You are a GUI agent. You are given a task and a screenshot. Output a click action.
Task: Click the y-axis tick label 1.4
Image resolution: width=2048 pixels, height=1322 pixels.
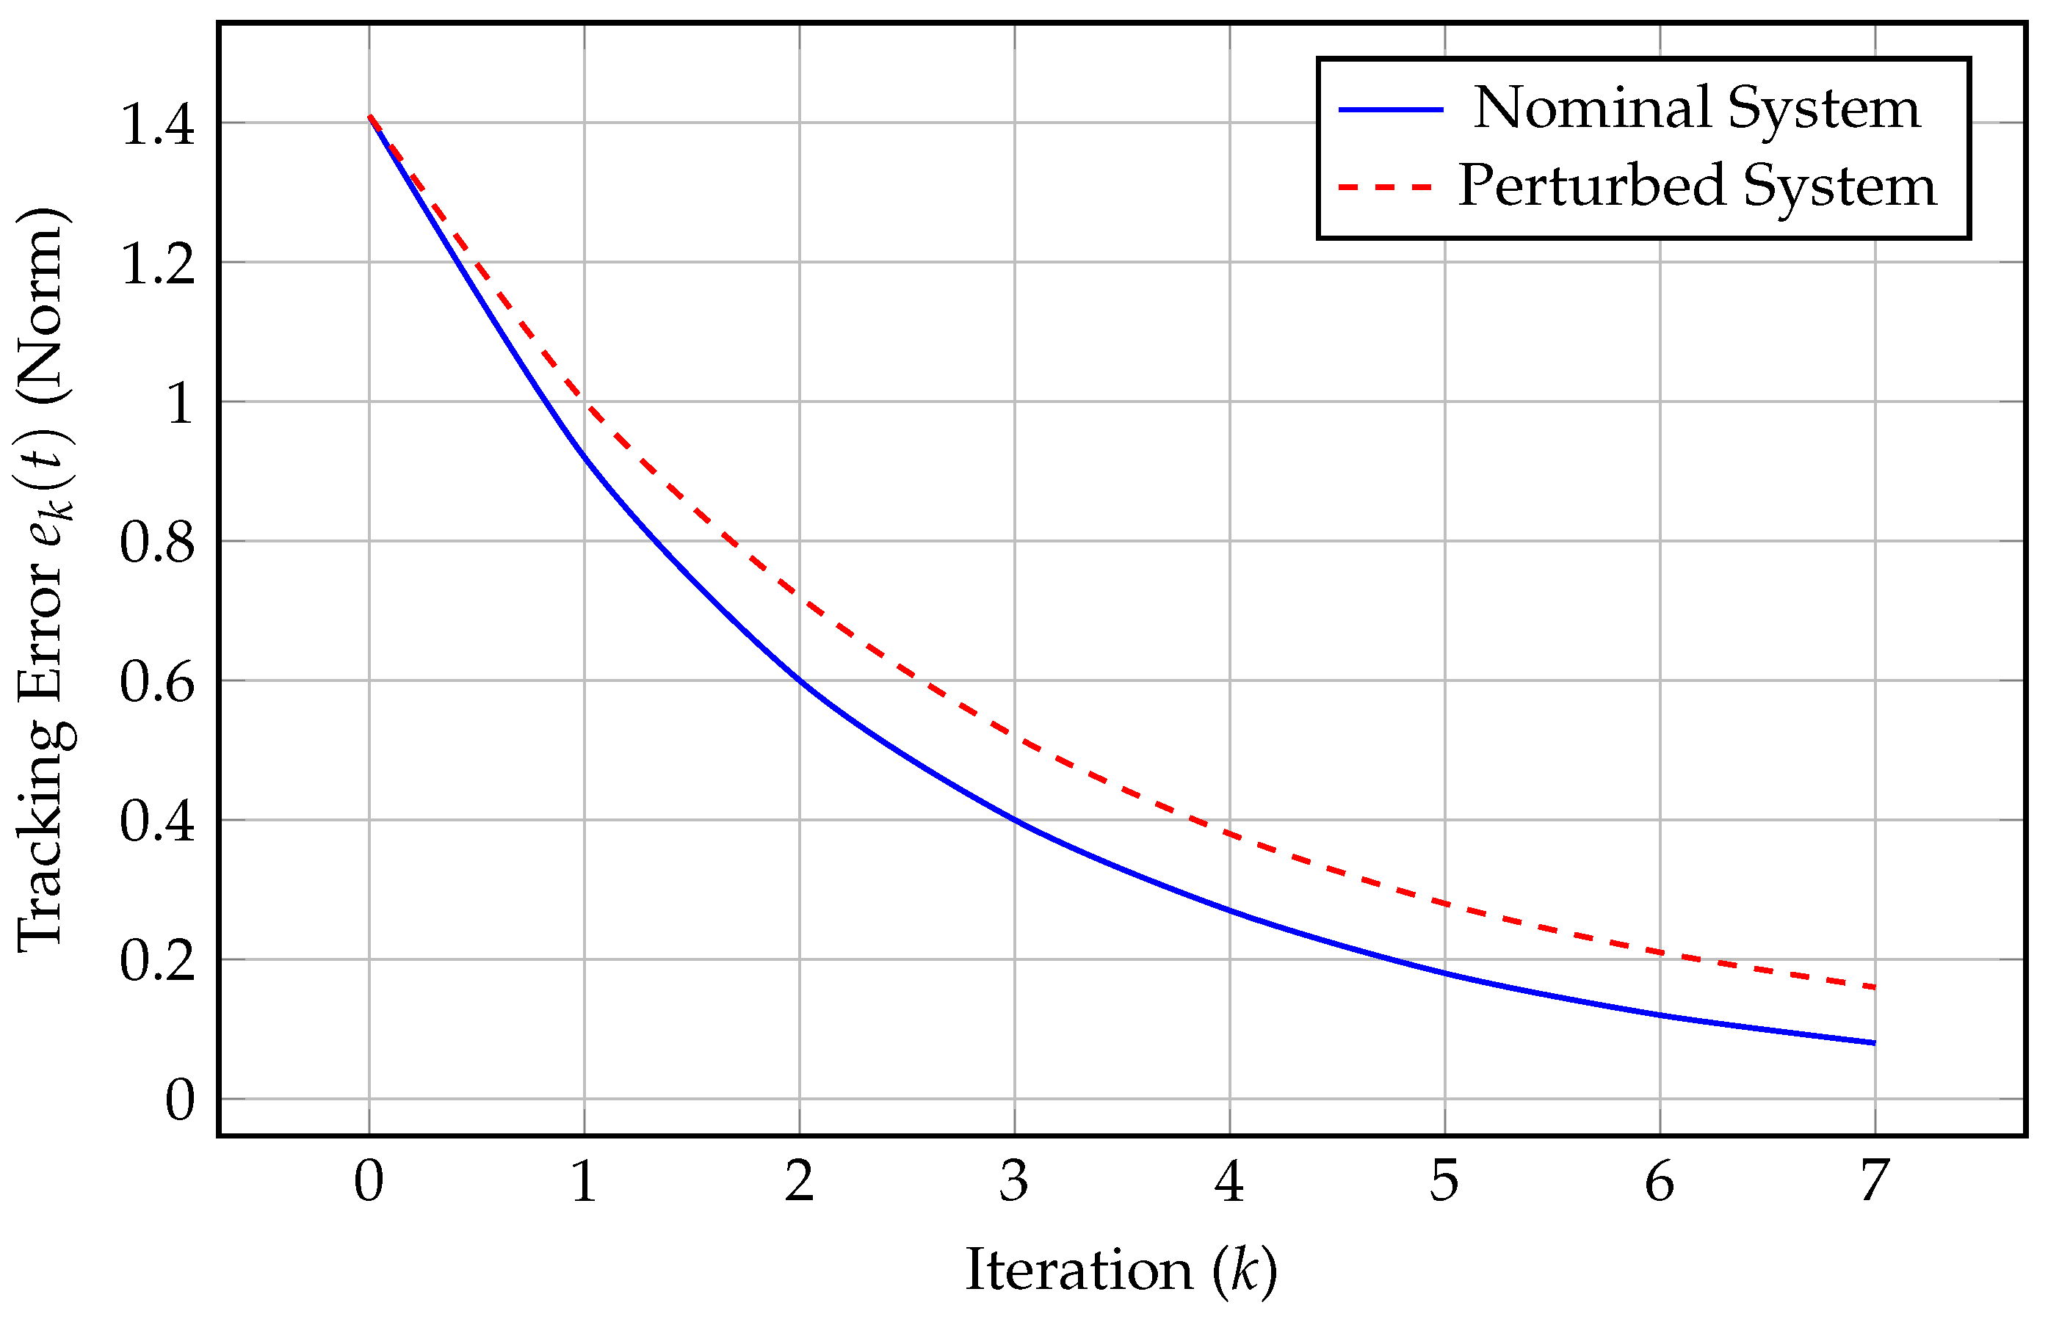(157, 123)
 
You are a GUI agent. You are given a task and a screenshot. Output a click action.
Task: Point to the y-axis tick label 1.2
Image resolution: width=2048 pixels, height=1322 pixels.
(157, 263)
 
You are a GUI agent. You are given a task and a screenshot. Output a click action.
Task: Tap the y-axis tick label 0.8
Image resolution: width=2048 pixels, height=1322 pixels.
(157, 542)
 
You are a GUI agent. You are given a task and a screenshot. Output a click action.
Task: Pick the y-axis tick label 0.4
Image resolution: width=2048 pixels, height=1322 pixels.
(157, 821)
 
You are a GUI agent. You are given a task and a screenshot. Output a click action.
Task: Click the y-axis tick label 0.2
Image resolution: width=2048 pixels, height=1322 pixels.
(157, 959)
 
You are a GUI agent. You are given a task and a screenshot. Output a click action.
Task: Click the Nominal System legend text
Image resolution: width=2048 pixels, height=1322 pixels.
(1697, 109)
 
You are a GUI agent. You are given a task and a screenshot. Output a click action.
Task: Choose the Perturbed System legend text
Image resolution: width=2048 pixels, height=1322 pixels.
(1697, 186)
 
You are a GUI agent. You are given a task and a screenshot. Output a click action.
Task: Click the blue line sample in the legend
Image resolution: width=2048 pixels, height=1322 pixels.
(1391, 110)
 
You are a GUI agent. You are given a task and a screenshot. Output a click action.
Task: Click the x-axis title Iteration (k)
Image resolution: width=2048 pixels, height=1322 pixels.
(1121, 1271)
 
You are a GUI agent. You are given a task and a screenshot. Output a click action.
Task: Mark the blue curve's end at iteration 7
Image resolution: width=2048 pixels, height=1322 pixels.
(1875, 1043)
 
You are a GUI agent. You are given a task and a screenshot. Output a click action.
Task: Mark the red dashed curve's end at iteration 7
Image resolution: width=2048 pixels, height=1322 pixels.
(1875, 987)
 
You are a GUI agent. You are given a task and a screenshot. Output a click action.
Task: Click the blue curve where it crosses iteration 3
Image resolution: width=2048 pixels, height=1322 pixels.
(1015, 820)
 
